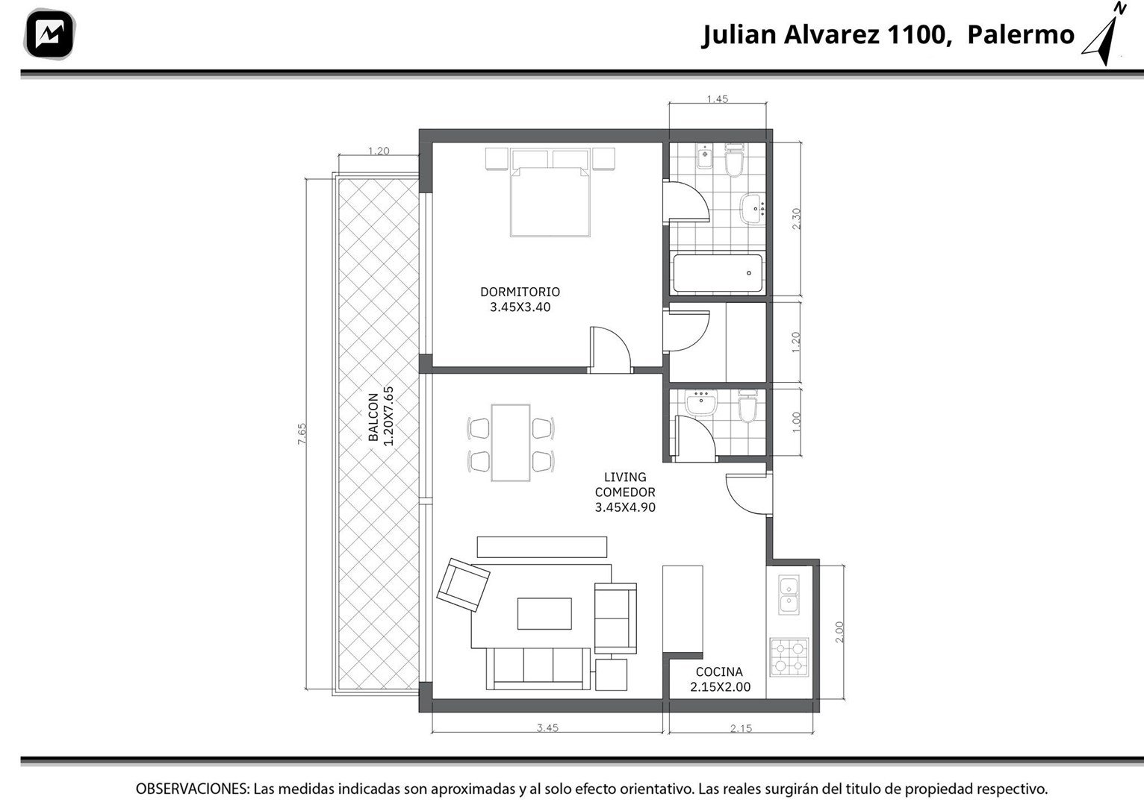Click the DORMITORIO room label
pos(520,292)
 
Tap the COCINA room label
pos(719,672)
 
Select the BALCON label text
pos(373,417)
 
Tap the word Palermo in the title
pos(1020,34)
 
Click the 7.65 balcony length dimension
pos(302,433)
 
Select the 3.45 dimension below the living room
pos(547,728)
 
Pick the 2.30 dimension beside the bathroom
pos(796,219)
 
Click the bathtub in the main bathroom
pos(718,274)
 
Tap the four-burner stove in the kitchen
pos(789,657)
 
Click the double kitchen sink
pos(789,595)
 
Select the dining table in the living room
pos(510,442)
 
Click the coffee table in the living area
pos(544,614)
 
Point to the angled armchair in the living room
pos(463,585)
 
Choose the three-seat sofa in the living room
pos(538,668)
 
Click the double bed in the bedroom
pos(550,192)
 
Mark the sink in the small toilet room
pos(701,403)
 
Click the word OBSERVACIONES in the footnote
pos(192,789)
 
